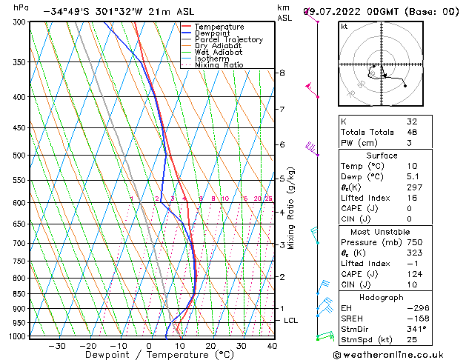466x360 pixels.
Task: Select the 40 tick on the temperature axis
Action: click(x=272, y=346)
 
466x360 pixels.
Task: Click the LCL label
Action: click(x=291, y=320)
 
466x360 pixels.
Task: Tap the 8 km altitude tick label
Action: click(x=282, y=73)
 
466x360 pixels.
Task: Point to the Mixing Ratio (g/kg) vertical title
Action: click(x=292, y=208)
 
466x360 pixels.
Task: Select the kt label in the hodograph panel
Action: click(x=344, y=27)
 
